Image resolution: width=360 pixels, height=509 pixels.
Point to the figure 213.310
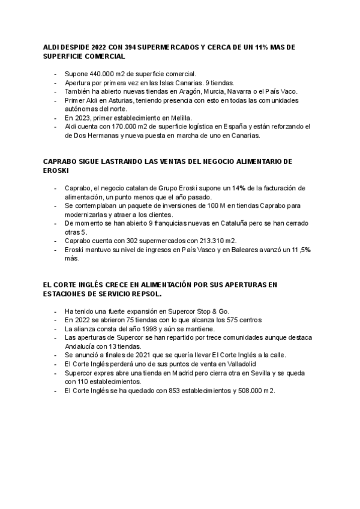click(x=203, y=241)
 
